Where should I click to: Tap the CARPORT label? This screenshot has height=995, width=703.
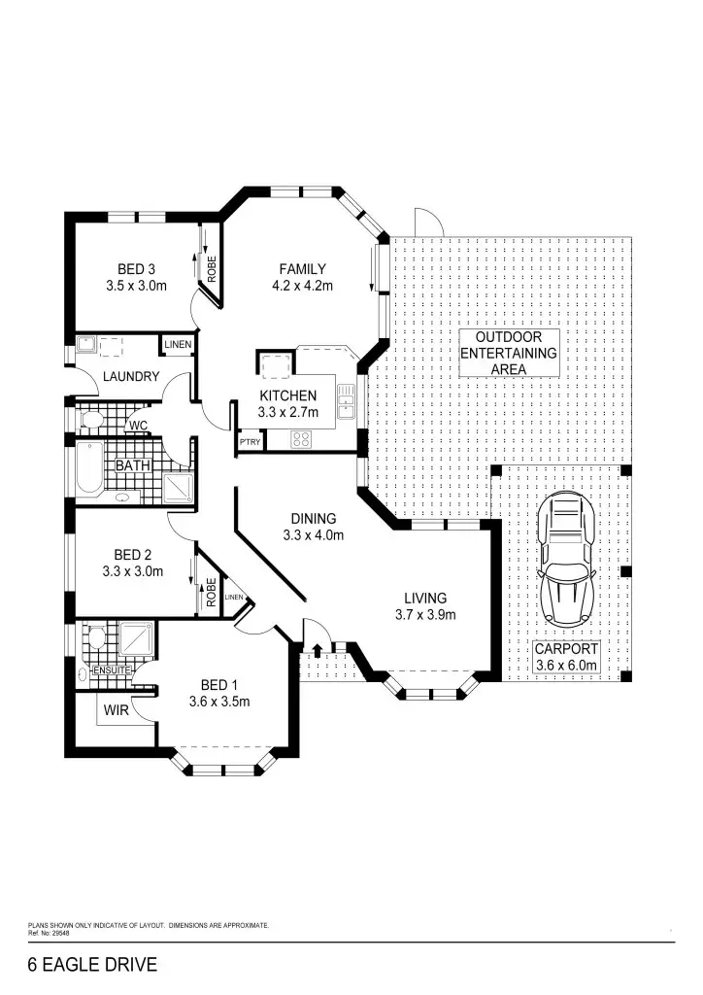[x=567, y=649]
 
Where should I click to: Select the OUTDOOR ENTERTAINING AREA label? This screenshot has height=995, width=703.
[x=509, y=353]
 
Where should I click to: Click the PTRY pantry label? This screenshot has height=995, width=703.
[x=248, y=442]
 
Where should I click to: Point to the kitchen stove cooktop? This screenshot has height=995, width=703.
[x=300, y=438]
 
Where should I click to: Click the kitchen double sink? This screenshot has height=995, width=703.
[x=346, y=399]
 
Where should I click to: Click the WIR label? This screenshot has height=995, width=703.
[x=115, y=710]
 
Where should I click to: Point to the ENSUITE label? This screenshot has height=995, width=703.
[x=112, y=670]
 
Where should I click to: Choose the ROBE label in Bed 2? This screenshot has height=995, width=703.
[x=210, y=592]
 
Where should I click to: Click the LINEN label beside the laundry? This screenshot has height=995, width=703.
[x=177, y=345]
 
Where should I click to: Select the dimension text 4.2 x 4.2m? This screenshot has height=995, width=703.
[x=302, y=286]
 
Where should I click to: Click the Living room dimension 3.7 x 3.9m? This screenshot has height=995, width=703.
[x=425, y=614]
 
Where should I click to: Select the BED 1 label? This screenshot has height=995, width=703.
[x=219, y=685]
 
